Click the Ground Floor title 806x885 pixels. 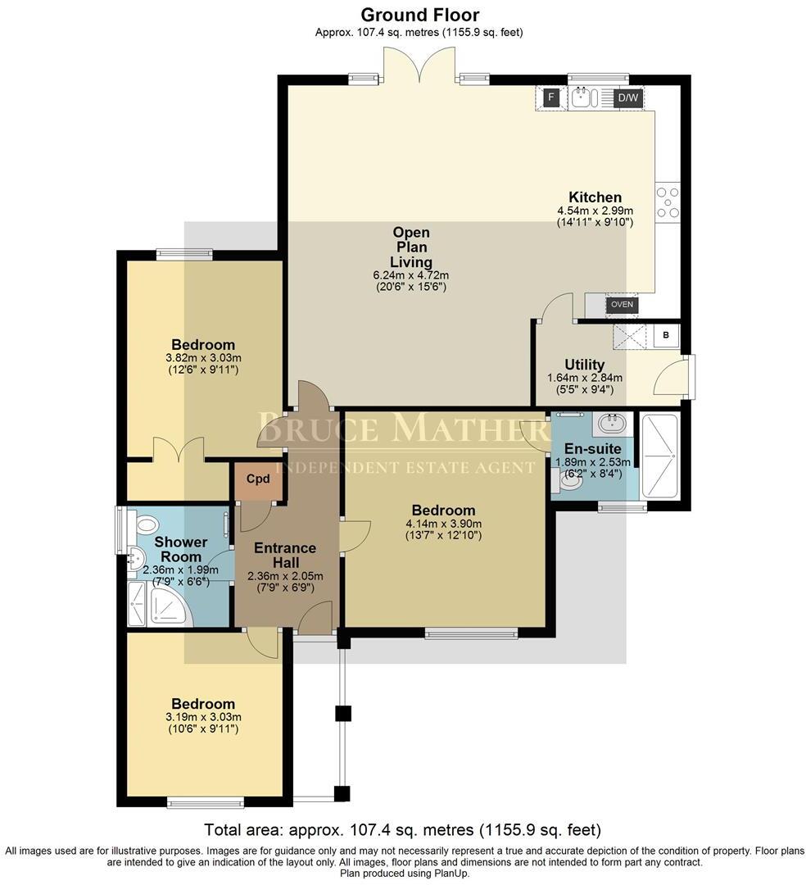pos(419,15)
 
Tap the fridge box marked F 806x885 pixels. pos(551,98)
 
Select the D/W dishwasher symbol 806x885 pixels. pos(627,98)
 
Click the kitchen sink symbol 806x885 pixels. pos(584,98)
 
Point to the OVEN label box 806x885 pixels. pos(622,305)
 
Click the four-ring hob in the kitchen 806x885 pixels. pos(667,202)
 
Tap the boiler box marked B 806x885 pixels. pos(665,335)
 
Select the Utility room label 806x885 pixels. pos(585,365)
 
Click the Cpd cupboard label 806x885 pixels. pos(258,479)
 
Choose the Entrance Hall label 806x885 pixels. pos(284,556)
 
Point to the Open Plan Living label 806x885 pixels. pos(410,247)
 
